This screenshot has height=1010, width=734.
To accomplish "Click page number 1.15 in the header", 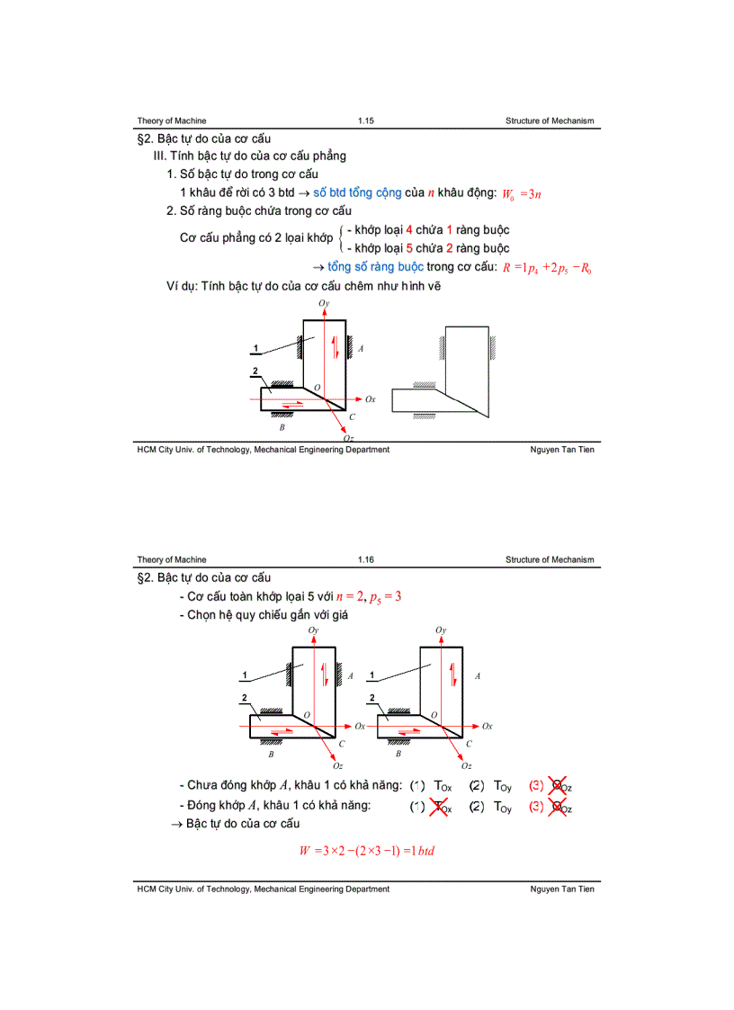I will tap(365, 121).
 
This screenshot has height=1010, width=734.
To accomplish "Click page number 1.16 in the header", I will tap(365, 559).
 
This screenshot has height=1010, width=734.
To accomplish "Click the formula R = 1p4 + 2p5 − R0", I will tap(547, 267).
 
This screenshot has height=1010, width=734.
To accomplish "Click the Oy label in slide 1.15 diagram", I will tap(324, 305).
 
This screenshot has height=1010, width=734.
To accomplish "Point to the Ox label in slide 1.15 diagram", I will tap(370, 398).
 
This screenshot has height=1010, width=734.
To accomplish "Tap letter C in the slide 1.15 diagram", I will tap(352, 417).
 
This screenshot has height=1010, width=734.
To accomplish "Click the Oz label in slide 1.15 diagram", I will tap(336, 438).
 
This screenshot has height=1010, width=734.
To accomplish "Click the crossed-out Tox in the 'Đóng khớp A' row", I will tap(443, 808).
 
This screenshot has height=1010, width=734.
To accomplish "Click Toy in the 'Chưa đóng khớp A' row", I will tap(502, 787).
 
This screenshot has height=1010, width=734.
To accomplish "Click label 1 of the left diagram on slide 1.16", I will tap(244, 675).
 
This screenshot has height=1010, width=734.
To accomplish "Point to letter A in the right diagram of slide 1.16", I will tap(477, 675).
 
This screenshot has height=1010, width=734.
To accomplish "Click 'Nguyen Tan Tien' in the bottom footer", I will tap(562, 889).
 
